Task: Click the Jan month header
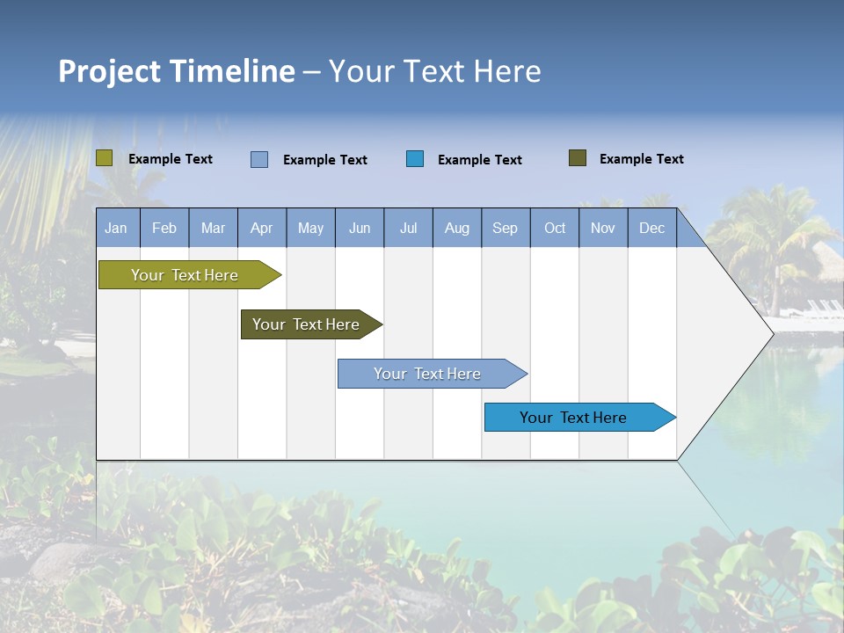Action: click(x=117, y=229)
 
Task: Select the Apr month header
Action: click(x=262, y=229)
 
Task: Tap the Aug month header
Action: click(x=457, y=229)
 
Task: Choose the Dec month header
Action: click(x=652, y=229)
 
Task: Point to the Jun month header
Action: click(x=360, y=229)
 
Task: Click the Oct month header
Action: click(x=555, y=229)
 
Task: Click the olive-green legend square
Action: click(x=105, y=158)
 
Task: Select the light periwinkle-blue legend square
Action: click(x=259, y=159)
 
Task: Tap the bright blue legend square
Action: click(x=415, y=159)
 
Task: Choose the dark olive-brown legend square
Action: click(x=578, y=158)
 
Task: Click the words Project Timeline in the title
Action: click(x=176, y=71)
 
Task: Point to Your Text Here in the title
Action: click(x=435, y=71)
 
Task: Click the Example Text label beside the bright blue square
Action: click(x=480, y=160)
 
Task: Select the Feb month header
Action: click(x=164, y=229)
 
